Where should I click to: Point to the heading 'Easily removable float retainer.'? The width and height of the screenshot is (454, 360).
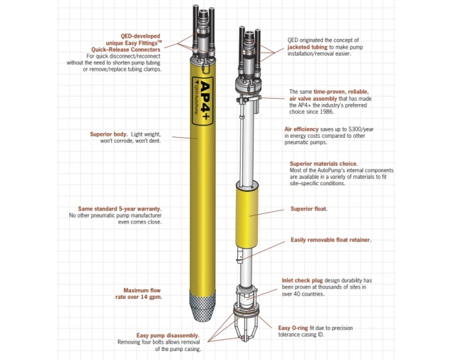tap(331, 240)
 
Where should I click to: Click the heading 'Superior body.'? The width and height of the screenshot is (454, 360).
tap(110, 134)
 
